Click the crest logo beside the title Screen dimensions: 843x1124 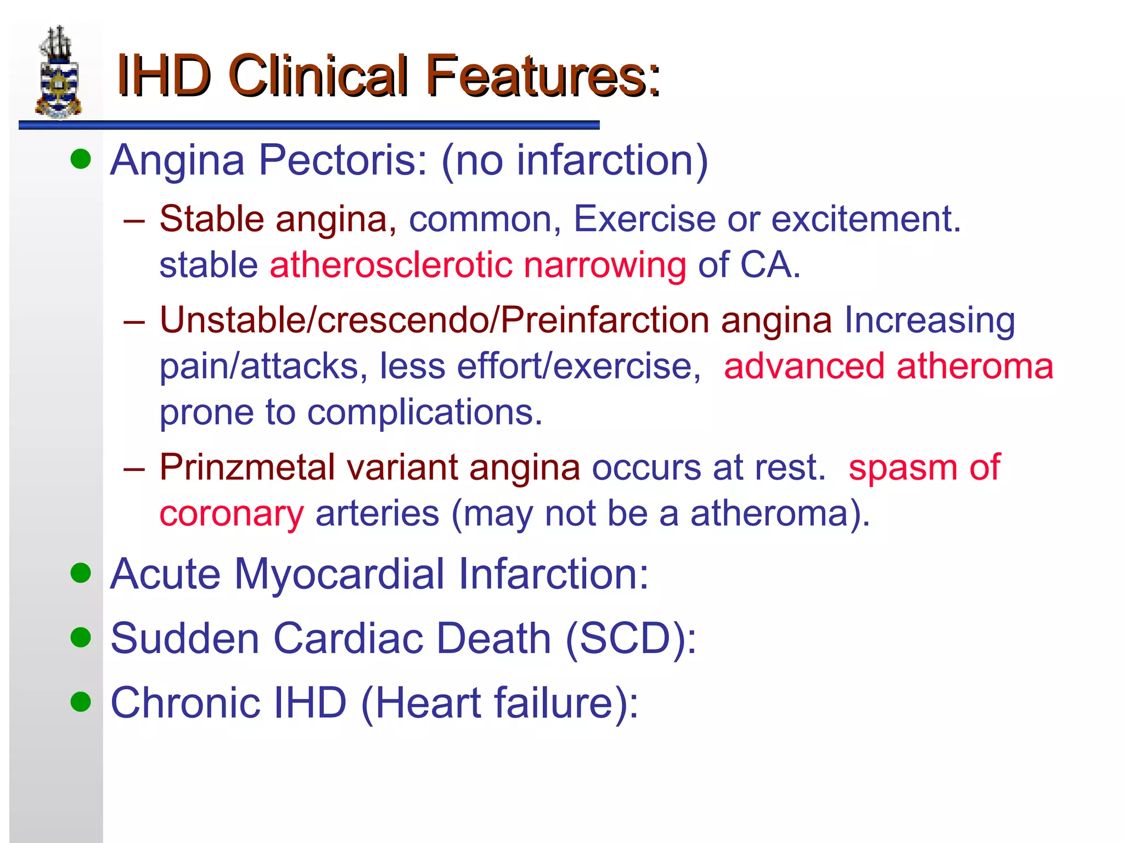[x=59, y=72]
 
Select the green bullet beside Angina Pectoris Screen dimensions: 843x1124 [x=81, y=159]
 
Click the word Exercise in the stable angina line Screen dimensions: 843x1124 [x=644, y=218]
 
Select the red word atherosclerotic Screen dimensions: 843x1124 [x=390, y=265]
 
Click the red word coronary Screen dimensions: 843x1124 [x=232, y=514]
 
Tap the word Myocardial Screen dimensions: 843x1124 [x=340, y=574]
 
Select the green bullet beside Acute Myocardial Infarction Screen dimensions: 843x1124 [x=81, y=573]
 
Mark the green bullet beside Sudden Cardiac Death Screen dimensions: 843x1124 [x=81, y=637]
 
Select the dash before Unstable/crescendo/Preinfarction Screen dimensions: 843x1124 [x=134, y=321]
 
